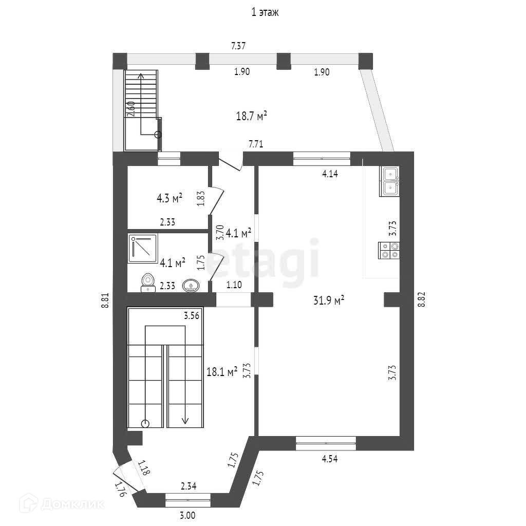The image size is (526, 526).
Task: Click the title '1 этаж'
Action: (265, 13)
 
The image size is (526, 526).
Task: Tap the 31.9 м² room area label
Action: (329, 300)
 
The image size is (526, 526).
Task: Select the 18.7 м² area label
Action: (252, 117)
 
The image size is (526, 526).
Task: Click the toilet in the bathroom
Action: (148, 282)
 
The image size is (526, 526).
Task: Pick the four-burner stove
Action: (389, 250)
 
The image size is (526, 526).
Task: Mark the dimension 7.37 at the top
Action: (238, 46)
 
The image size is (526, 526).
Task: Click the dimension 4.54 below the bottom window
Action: (329, 459)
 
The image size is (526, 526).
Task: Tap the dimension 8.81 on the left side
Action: (105, 300)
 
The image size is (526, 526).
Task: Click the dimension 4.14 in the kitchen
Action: (330, 174)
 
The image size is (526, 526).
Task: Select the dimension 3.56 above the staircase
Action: (192, 316)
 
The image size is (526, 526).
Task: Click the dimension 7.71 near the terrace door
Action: (256, 144)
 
